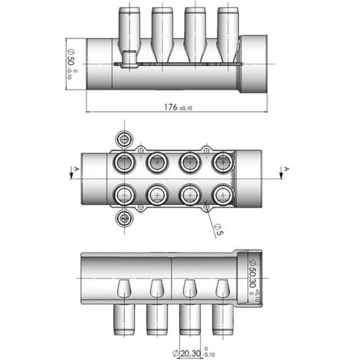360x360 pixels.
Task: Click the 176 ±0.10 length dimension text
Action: point(178,107)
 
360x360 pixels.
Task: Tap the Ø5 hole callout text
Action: point(219,230)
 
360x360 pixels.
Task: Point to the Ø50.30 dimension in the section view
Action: point(253,278)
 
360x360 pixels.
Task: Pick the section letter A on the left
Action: point(76,169)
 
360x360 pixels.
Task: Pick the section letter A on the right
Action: point(286,169)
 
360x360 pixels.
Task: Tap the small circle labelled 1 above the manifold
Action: point(125,139)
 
